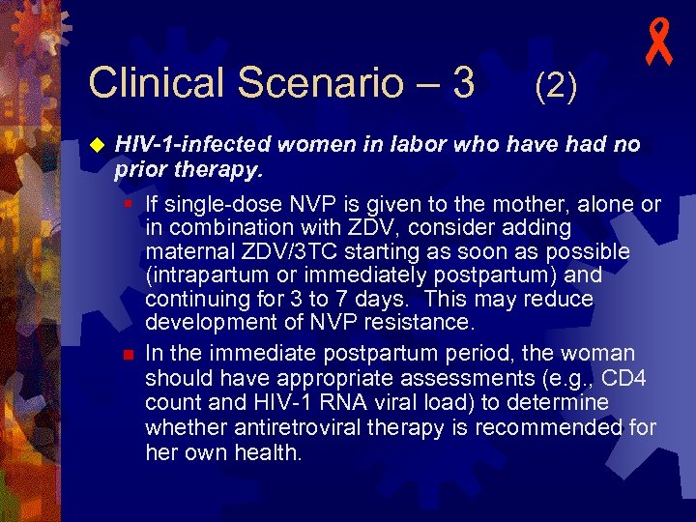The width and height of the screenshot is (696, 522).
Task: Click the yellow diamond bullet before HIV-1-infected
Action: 96,145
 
